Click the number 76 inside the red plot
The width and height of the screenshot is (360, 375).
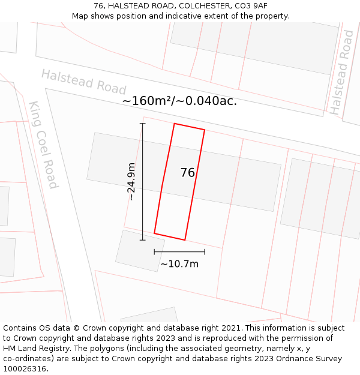coord(188,173)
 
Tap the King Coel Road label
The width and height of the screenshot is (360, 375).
coord(43,145)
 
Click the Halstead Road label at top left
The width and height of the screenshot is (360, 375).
coord(83,81)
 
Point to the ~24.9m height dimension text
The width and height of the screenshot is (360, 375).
coord(131,182)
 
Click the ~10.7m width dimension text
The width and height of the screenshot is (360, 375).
coord(179,263)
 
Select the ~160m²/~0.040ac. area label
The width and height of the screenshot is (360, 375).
coord(179,101)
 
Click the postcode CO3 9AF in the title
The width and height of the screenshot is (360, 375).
coord(251,6)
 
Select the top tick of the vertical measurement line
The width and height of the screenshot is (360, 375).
coord(143,124)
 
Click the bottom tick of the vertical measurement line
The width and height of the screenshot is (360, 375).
coord(143,241)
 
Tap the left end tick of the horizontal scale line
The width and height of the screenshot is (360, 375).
coord(154,252)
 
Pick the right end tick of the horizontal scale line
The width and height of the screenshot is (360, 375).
coord(205,252)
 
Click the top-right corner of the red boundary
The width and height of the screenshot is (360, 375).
coord(205,130)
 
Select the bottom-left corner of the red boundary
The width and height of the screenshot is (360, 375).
coord(154,233)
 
